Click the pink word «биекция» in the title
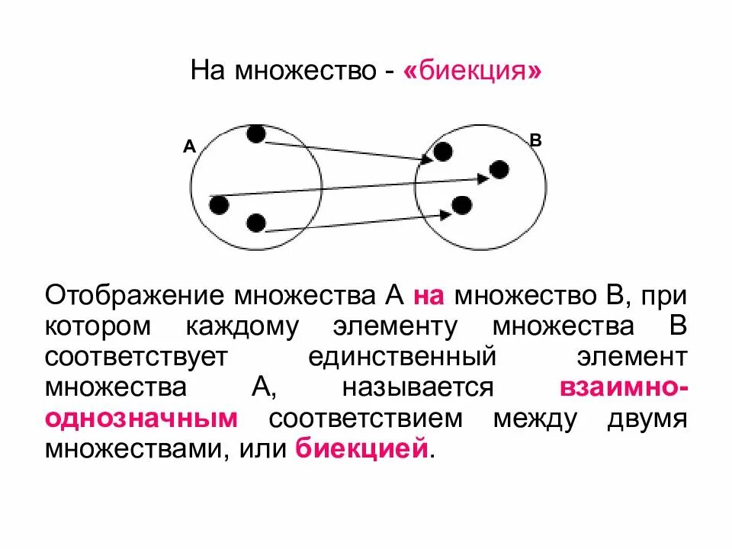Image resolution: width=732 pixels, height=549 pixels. [474, 72]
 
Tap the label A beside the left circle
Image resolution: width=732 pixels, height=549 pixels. [189, 146]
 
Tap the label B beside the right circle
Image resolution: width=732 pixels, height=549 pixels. [535, 140]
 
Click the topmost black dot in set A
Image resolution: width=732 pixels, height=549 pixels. [256, 134]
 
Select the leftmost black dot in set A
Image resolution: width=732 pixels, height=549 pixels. [219, 204]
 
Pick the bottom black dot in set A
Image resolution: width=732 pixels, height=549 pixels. [256, 223]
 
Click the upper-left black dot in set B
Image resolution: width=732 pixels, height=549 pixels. [443, 152]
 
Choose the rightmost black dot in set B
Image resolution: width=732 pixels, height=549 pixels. [499, 169]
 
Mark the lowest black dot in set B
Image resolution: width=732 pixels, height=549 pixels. [461, 204]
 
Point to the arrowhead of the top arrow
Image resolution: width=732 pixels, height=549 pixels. [427, 159]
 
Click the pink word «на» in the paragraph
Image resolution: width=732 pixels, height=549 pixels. [429, 294]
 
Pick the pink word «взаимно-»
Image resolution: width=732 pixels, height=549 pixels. [624, 387]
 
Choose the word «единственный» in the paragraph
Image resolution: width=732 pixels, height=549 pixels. [403, 356]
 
